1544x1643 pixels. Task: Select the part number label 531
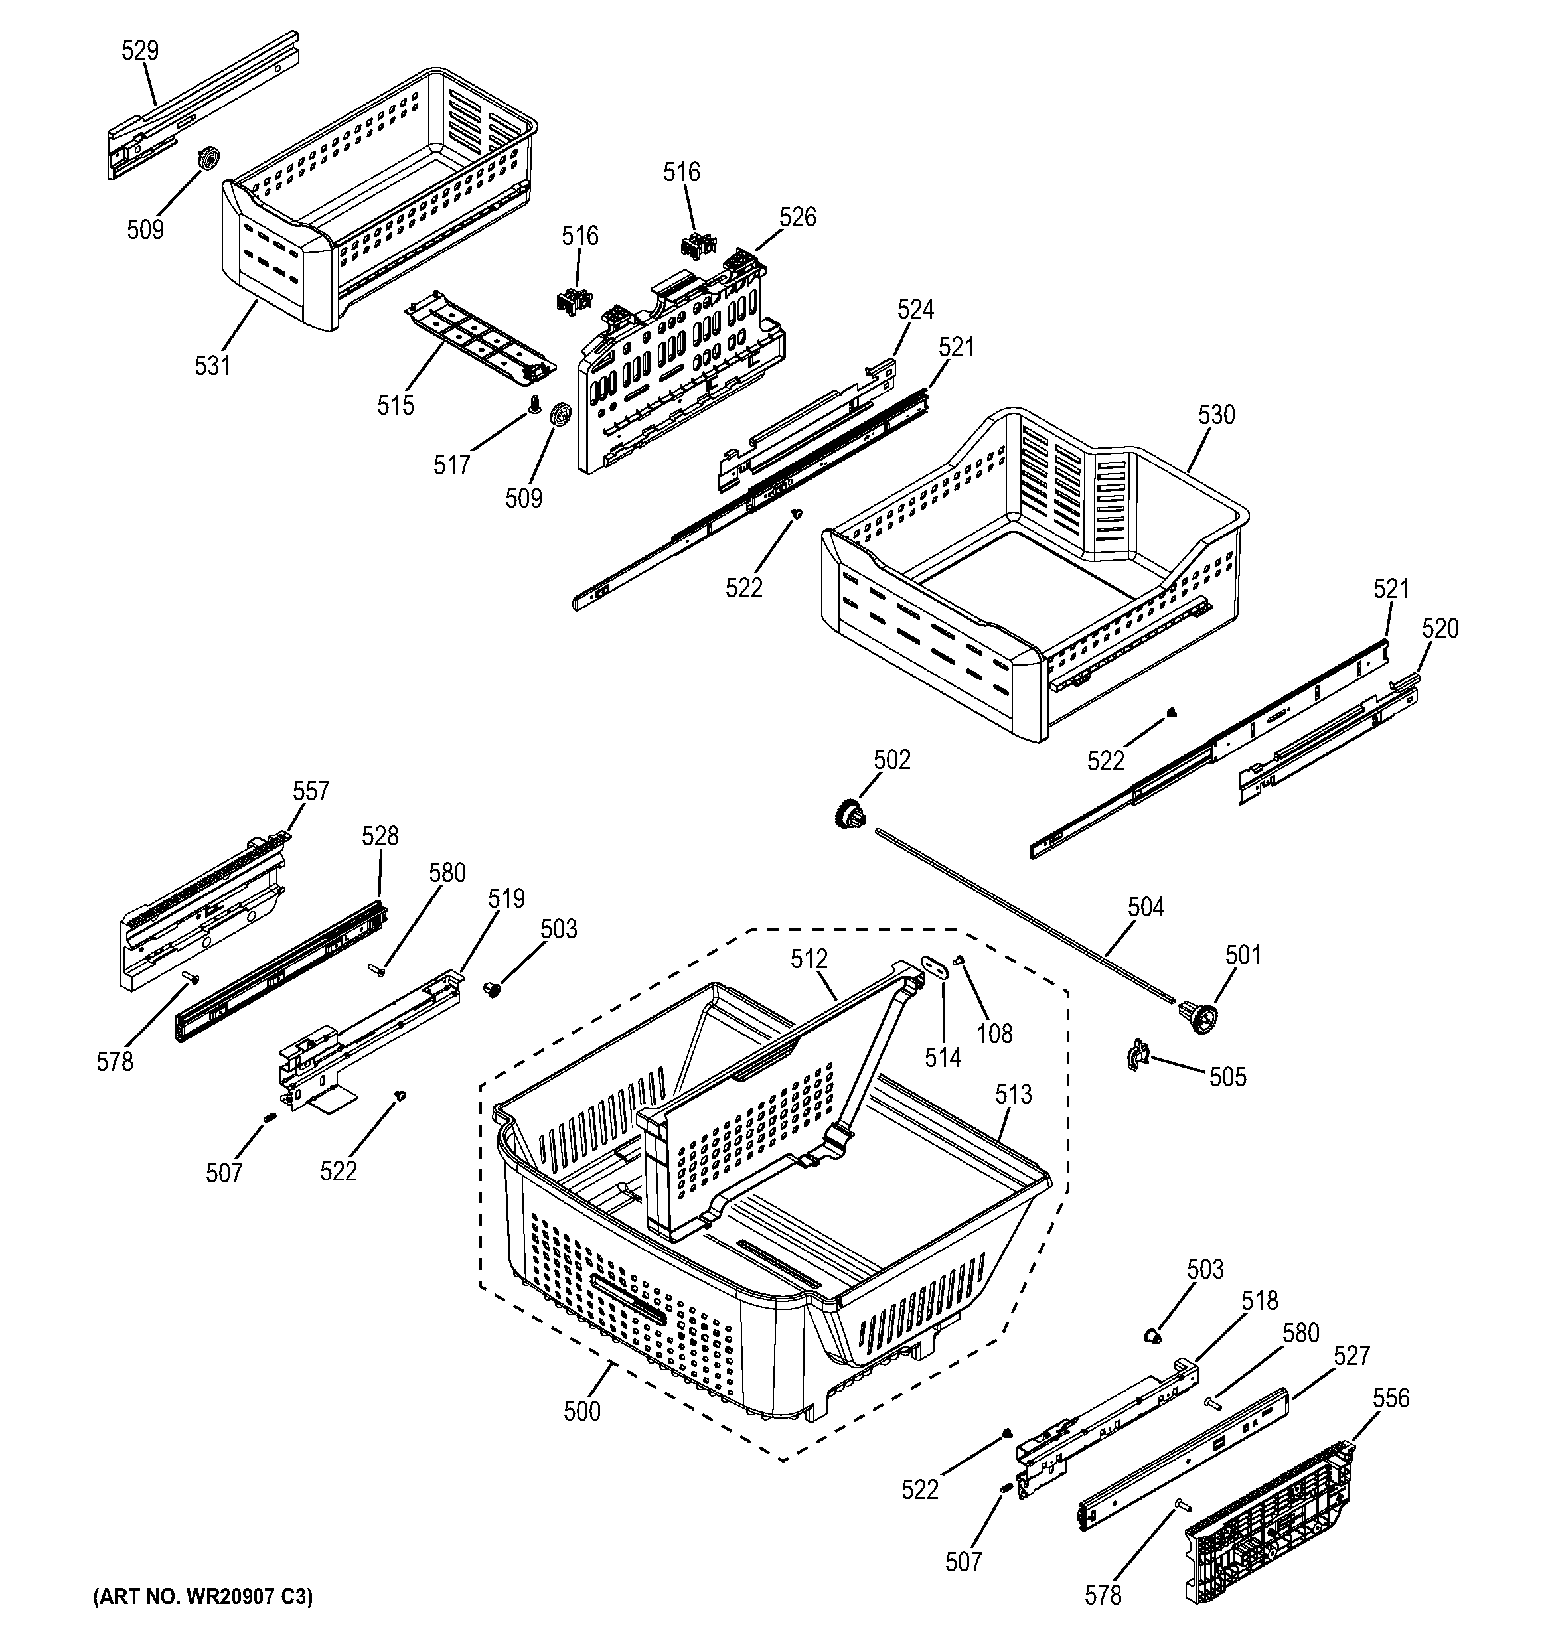[212, 364]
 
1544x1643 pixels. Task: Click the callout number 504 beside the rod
[1146, 908]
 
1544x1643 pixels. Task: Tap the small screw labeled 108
[960, 960]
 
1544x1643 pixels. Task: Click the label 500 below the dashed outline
[582, 1411]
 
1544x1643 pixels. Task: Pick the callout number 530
[1216, 415]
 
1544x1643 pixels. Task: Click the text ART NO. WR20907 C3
[203, 1597]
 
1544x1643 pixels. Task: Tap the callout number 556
[1391, 1398]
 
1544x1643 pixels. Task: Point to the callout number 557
[311, 791]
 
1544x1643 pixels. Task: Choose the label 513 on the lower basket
[1014, 1094]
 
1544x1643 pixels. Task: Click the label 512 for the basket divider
[809, 959]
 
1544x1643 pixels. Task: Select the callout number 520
[1440, 629]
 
